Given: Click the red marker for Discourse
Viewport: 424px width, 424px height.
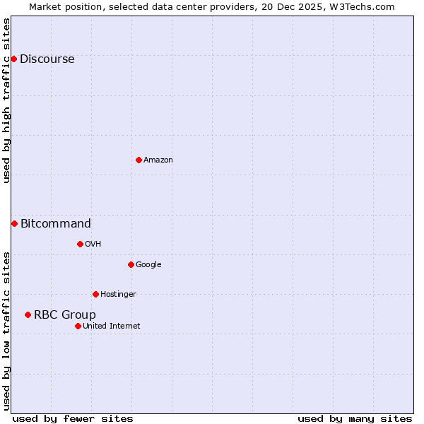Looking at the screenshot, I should click(13, 59).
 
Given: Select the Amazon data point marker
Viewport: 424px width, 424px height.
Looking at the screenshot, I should click(139, 160).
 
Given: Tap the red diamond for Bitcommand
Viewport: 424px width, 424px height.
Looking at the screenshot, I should click(14, 223).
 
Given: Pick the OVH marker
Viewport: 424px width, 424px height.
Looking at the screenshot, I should click(80, 244).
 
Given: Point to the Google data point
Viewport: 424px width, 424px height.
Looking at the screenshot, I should click(131, 264).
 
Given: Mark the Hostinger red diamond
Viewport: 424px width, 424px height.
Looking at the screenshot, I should click(95, 294).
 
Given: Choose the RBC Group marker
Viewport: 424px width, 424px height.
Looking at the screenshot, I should click(28, 314).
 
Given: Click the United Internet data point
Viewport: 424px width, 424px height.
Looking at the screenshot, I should click(78, 326).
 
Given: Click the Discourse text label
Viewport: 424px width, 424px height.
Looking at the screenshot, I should click(47, 59).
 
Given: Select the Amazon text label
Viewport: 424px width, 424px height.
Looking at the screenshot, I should click(158, 160).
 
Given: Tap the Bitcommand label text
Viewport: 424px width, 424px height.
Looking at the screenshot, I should click(55, 224).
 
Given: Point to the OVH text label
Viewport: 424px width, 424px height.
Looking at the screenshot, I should click(93, 245).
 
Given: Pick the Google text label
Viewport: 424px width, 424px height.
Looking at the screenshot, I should click(148, 265).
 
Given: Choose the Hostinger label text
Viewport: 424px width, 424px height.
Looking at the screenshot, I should click(118, 295).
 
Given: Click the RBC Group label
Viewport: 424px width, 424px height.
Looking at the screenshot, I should click(64, 315).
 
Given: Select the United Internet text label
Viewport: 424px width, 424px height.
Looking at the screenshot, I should click(111, 326).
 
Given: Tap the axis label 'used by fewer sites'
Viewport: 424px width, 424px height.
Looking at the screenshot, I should click(73, 418).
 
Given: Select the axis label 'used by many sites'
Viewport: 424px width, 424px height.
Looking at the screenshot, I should click(355, 418).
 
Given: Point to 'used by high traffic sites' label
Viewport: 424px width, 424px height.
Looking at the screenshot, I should click(7, 100).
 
